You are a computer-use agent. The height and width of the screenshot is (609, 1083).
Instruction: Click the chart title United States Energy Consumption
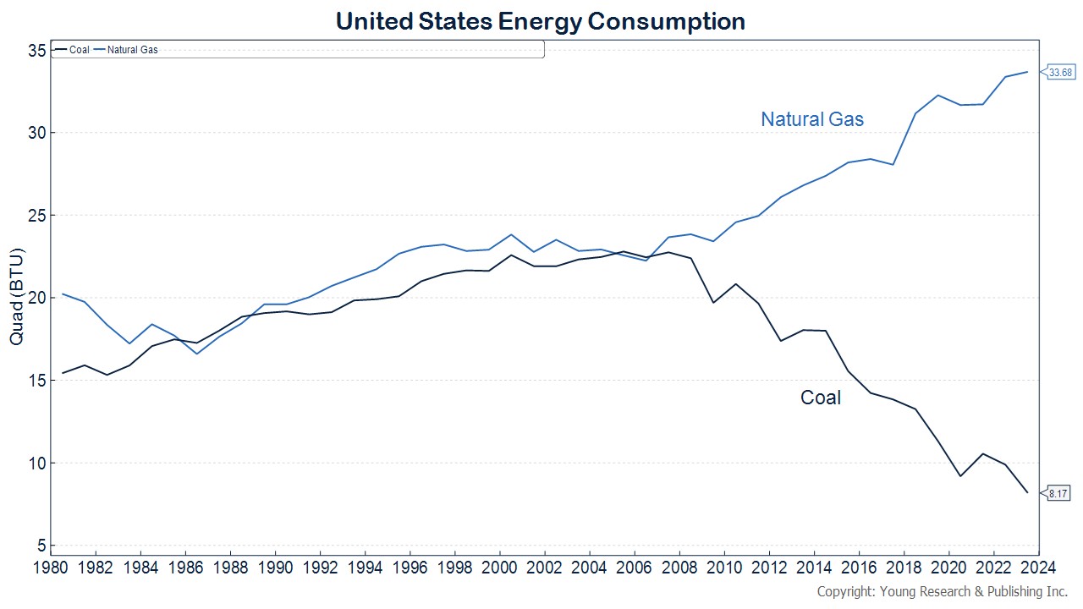point(541,21)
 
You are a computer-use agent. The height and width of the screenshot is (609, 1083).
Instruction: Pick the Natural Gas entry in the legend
point(132,50)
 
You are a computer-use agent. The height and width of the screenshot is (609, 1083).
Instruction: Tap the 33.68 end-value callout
point(1060,73)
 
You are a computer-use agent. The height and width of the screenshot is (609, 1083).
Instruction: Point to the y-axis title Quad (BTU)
point(16,296)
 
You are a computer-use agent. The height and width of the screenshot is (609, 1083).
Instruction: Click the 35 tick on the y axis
point(35,51)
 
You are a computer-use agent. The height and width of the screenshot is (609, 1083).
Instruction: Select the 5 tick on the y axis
point(40,546)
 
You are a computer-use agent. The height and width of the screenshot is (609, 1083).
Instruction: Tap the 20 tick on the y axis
point(35,298)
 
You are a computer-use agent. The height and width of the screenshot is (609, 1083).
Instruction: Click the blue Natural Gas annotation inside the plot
point(812,119)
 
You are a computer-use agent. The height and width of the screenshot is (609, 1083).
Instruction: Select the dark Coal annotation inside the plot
point(820,398)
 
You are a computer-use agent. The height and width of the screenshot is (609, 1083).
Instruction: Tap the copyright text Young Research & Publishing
point(942,591)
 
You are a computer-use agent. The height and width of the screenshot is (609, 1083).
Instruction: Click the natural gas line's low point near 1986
point(197,354)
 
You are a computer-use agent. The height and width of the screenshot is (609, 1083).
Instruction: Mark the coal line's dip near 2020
point(960,476)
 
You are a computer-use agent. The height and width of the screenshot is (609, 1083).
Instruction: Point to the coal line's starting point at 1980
point(63,373)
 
